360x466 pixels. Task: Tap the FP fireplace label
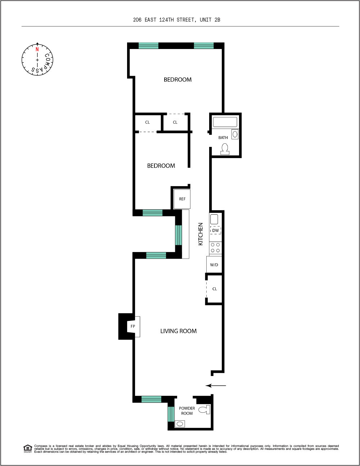[133, 326]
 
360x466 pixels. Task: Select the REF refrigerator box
[182, 199]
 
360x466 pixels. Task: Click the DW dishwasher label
[215, 230]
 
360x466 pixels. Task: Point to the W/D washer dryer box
[214, 265]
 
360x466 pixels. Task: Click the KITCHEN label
[201, 234]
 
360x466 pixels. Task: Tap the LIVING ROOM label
[178, 331]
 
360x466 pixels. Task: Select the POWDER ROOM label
[187, 411]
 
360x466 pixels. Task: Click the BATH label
[223, 138]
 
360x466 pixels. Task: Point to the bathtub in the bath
[225, 122]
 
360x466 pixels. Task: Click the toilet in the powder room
[204, 409]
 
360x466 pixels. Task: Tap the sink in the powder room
[180, 424]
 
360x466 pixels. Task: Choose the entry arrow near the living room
[216, 386]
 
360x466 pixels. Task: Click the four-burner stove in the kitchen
[216, 248]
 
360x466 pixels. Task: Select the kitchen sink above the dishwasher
[214, 219]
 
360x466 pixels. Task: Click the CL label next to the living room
[215, 289]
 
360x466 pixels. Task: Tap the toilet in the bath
[225, 149]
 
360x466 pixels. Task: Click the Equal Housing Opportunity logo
[28, 449]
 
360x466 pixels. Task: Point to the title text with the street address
[176, 20]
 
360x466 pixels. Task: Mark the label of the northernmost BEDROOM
[177, 80]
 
